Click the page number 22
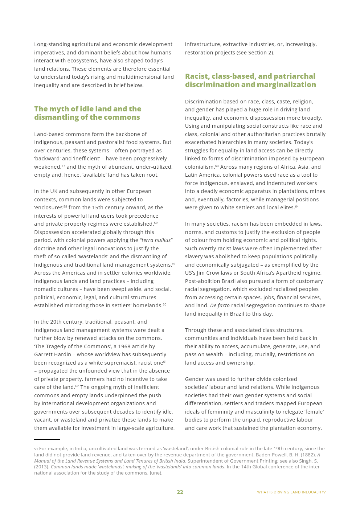[180, 492]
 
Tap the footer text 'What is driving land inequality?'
[291, 492]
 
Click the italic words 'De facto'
[220, 305]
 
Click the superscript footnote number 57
[63, 166]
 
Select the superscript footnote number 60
[164, 304]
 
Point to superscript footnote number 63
[217, 166]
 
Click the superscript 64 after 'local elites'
[297, 206]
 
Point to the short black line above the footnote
[47, 439]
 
